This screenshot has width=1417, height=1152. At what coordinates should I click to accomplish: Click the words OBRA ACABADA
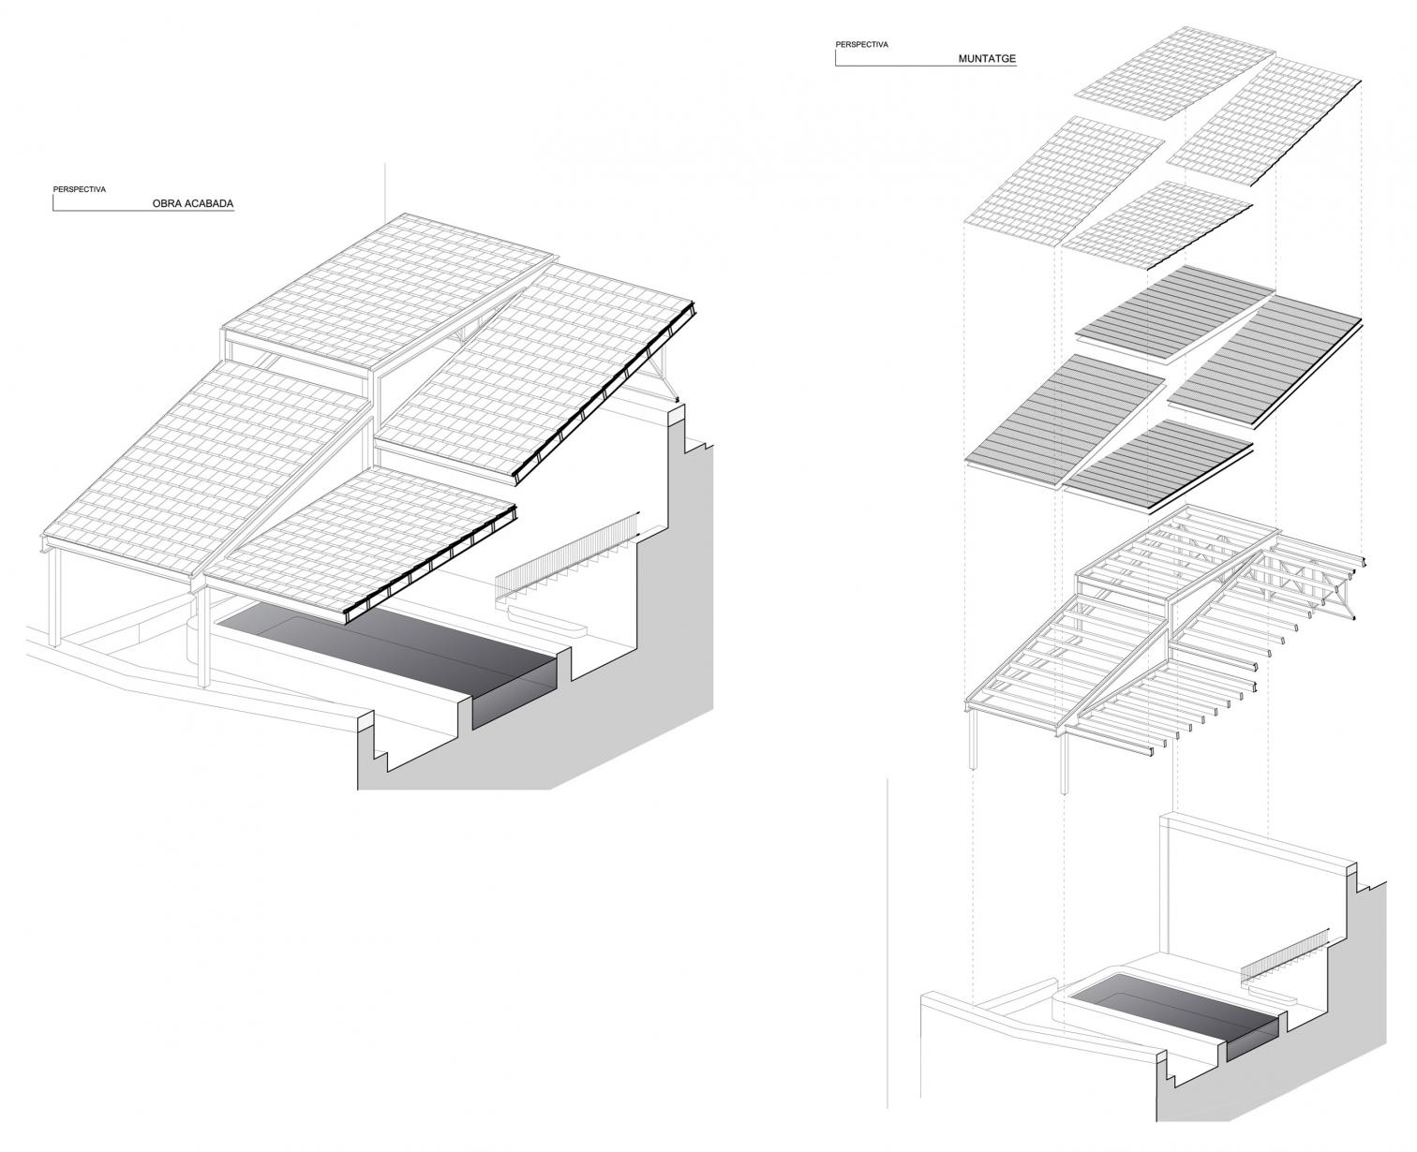pos(193,203)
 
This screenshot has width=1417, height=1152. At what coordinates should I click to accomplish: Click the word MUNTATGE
pos(987,58)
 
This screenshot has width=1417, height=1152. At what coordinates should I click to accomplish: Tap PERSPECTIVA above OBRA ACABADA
pos(79,189)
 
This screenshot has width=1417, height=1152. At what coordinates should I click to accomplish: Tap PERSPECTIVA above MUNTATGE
pos(861,45)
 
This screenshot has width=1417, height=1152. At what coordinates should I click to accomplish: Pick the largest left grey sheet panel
pos(1065,421)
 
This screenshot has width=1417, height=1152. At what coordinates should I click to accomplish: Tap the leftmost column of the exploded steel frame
pos(974,739)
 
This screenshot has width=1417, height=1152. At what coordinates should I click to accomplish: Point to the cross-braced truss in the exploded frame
pos(1304,585)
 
